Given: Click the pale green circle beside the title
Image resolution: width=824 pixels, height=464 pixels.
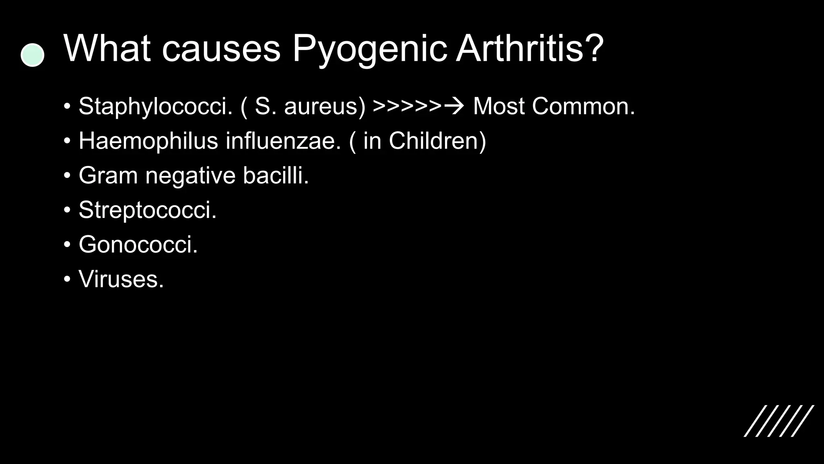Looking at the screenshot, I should [32, 55].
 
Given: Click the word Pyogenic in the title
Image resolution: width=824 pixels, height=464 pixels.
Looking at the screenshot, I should [369, 49].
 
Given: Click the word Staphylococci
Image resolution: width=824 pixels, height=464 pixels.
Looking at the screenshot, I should [156, 107].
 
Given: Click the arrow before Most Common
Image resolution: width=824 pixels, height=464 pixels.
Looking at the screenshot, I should [454, 107].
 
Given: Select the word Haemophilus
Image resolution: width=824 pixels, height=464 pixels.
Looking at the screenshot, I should [148, 141].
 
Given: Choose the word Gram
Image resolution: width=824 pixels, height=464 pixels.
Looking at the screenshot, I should [108, 176].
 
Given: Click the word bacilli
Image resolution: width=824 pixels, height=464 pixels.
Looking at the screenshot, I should [276, 176].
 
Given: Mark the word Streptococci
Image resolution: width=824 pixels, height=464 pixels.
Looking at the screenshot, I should [147, 210].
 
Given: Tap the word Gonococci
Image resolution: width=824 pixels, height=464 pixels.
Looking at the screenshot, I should [138, 244].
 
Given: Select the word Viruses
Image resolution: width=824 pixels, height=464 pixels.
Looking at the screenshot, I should [121, 279].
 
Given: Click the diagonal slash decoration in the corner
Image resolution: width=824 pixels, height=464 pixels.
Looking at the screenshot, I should [779, 421].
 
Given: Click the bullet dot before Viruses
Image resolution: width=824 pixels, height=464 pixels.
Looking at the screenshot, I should [67, 279].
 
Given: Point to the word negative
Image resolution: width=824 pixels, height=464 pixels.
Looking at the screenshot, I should [190, 176].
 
